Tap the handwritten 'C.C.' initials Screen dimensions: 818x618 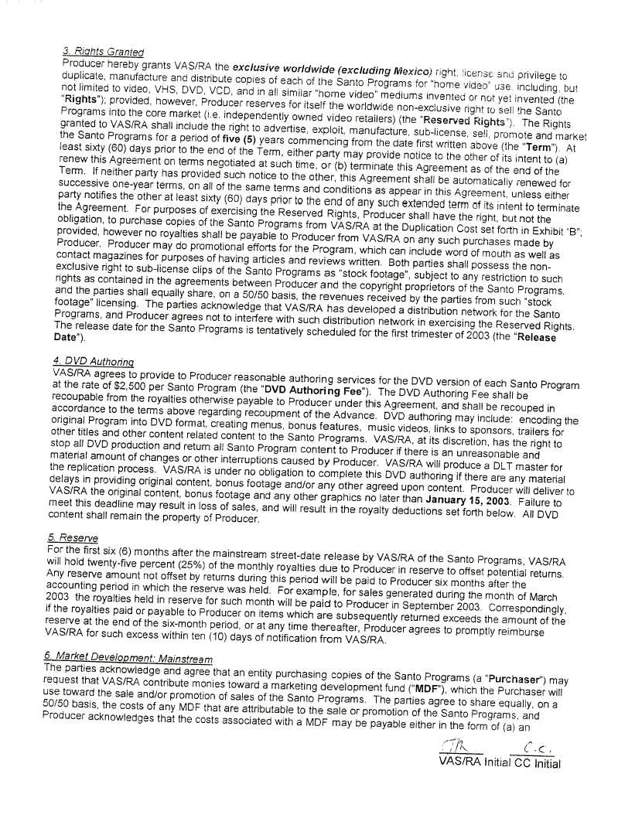pyautogui.click(x=537, y=748)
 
